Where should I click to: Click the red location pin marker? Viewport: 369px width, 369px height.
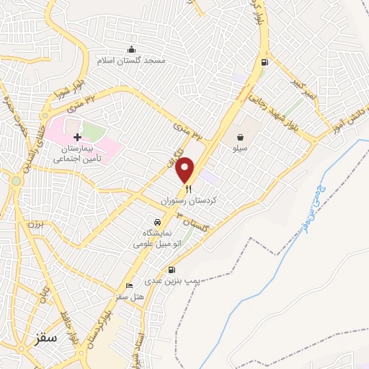pyautogui.click(x=186, y=169)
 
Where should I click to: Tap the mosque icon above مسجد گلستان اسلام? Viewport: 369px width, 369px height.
pyautogui.click(x=131, y=50)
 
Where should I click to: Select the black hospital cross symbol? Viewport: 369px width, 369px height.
pyautogui.click(x=77, y=137)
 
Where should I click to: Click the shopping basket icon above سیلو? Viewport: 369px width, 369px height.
pyautogui.click(x=239, y=135)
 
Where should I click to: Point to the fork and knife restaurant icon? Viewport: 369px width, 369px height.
pyautogui.click(x=189, y=190)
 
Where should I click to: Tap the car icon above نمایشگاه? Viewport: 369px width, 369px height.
pyautogui.click(x=156, y=222)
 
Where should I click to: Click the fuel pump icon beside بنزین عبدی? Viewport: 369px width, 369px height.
pyautogui.click(x=172, y=270)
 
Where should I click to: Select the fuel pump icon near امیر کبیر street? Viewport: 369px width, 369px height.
pyautogui.click(x=265, y=62)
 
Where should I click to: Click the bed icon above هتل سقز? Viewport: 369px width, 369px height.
pyautogui.click(x=130, y=285)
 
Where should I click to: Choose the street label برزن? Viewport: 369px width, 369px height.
pyautogui.click(x=36, y=226)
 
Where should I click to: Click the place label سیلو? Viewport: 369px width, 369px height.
pyautogui.click(x=239, y=147)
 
